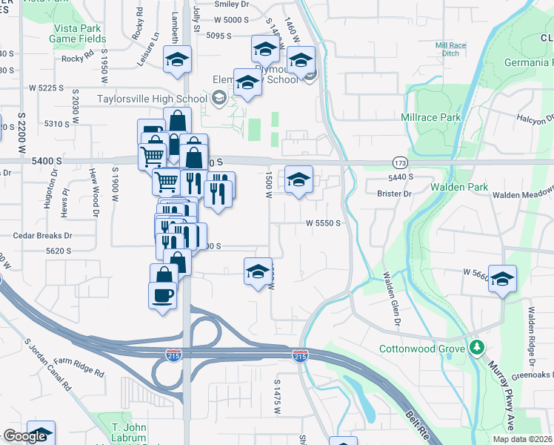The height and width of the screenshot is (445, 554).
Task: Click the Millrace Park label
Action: point(430,117)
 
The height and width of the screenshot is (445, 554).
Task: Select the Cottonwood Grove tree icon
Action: point(478,347)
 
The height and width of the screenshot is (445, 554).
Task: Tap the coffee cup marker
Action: point(163,295)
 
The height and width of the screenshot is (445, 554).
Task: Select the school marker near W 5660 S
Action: point(502,280)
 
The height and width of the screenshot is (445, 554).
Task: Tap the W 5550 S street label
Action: point(324,222)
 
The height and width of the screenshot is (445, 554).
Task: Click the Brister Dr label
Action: point(394,194)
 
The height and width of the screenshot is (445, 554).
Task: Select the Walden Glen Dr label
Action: point(390,300)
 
